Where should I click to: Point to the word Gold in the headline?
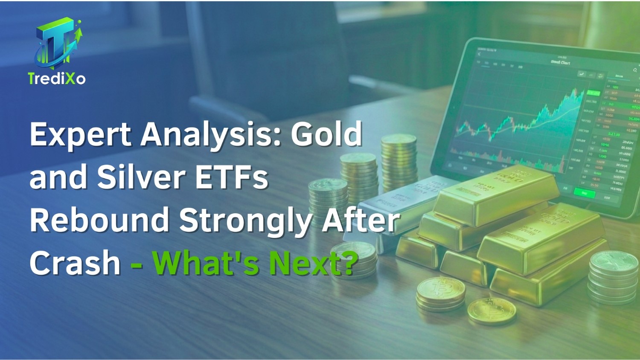coord(326,134)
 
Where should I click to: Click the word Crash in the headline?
coord(75,263)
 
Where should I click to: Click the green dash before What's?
coord(137,264)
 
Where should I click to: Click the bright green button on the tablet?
coord(584,193)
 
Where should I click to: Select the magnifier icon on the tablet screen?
coord(635,70)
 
